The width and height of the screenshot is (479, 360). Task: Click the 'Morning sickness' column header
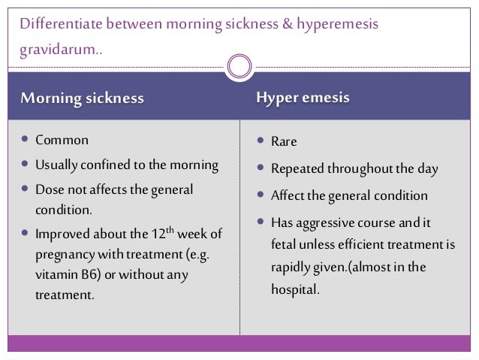(x=82, y=99)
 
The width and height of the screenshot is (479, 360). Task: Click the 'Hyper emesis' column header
(x=303, y=98)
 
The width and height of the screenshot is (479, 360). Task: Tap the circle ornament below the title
(x=239, y=65)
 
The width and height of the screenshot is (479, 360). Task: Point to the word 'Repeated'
(x=297, y=170)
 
